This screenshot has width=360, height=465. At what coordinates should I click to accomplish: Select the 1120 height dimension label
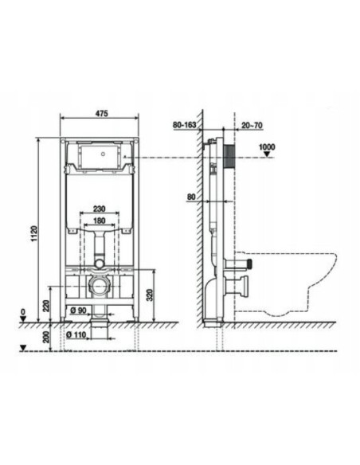tap(35, 233)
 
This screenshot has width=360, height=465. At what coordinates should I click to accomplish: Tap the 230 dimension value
tap(99, 209)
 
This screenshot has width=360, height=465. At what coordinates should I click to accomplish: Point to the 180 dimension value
tap(99, 221)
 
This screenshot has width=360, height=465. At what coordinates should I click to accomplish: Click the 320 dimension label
tap(150, 295)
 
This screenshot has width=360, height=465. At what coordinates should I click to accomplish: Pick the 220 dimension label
tap(46, 306)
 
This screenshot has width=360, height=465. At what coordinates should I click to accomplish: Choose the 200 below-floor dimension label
tap(46, 337)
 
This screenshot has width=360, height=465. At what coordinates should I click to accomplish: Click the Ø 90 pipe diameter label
tap(78, 311)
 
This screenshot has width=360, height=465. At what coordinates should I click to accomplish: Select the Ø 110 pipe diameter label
tap(76, 334)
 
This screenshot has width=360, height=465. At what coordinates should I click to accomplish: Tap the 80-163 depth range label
tap(185, 125)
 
